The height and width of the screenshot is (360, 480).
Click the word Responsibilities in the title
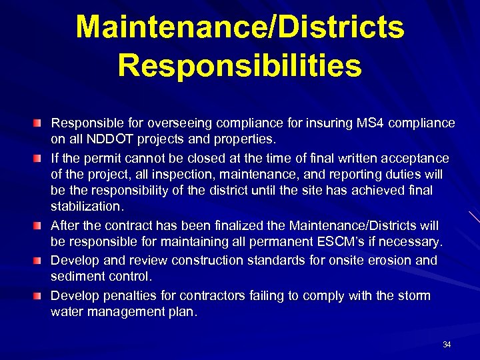coord(239,65)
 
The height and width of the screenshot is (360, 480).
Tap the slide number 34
coord(447,345)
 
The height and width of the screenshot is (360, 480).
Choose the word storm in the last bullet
coord(415,295)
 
